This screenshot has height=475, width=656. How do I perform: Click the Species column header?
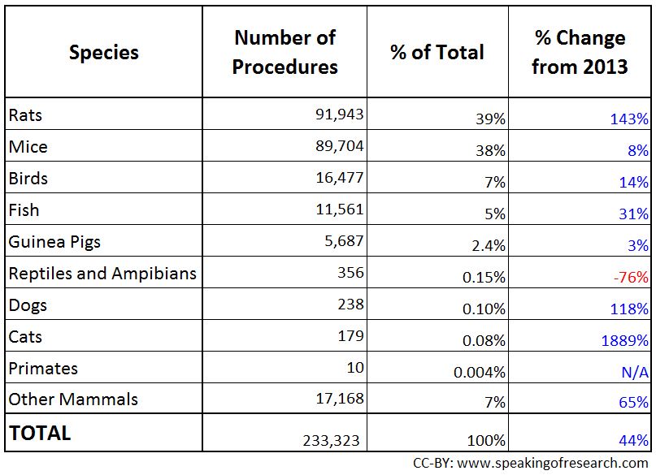coord(103,53)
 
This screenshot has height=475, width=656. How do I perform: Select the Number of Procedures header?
coord(285,53)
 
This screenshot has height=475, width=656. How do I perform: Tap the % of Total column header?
coord(437,53)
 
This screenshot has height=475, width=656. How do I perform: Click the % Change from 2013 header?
coord(580,53)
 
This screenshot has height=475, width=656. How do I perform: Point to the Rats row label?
coord(25,115)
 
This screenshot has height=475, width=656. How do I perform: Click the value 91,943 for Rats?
coord(339,114)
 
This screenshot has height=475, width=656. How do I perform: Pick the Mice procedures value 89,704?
coord(339,146)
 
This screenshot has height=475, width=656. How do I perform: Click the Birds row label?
coord(28,179)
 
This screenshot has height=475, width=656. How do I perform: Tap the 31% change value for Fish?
coord(634,214)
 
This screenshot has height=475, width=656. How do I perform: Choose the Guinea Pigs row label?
coord(54,242)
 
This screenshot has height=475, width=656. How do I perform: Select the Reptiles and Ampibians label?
coord(102,274)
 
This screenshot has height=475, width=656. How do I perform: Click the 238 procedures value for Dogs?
coord(350,304)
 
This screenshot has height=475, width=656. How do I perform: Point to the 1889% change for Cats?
coord(625,341)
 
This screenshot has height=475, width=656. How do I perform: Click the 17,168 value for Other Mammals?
coord(339,399)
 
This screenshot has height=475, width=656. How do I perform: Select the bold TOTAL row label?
coord(40,433)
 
